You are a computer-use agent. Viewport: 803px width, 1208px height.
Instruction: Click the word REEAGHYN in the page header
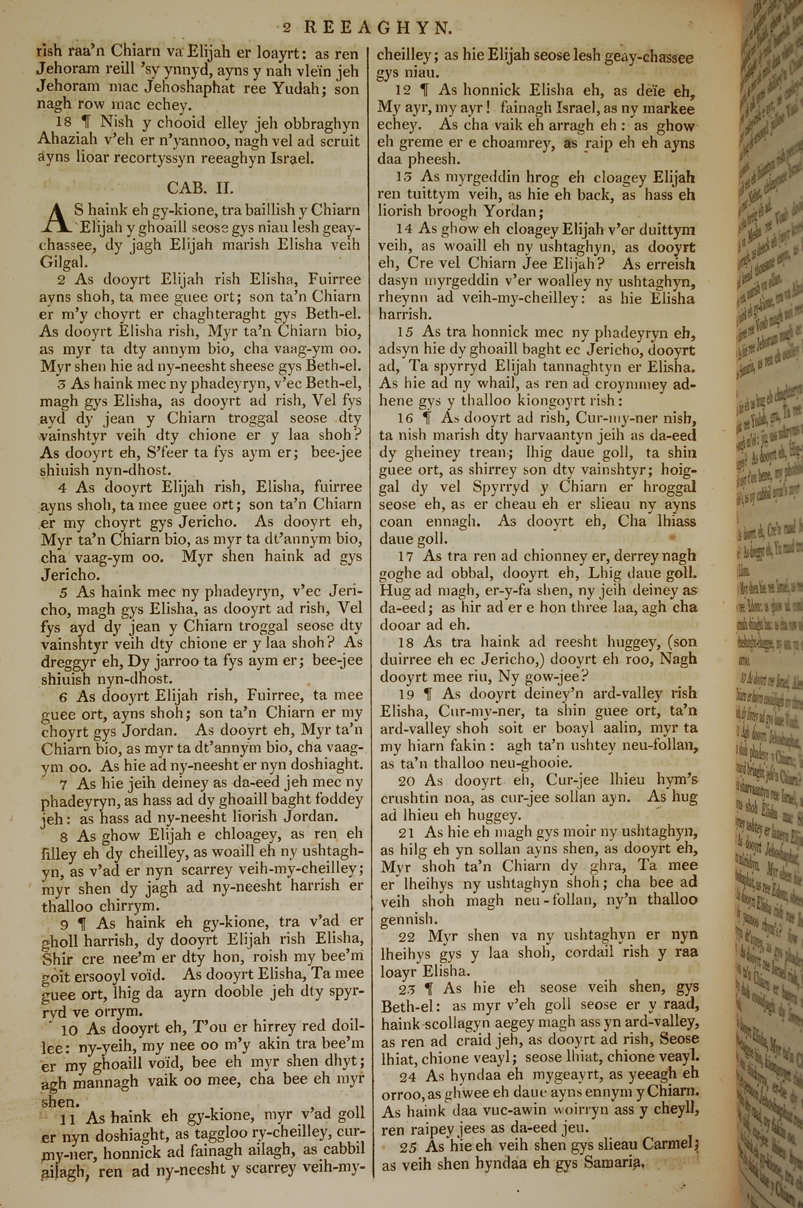(x=378, y=28)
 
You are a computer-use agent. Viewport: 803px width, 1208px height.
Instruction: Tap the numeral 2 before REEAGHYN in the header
(x=287, y=28)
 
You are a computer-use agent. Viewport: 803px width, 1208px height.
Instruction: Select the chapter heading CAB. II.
(x=201, y=188)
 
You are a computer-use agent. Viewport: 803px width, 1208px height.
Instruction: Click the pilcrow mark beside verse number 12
(x=424, y=91)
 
